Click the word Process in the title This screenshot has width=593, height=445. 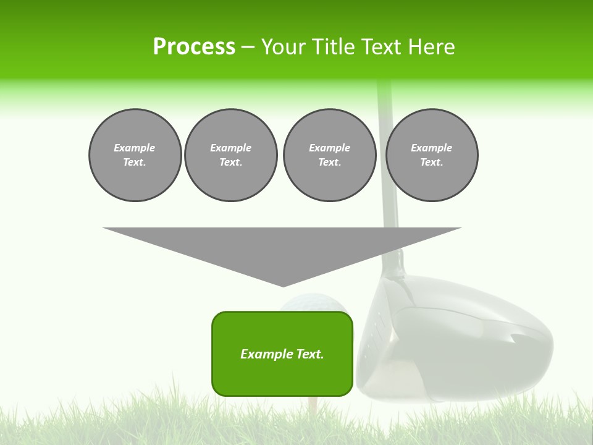click(194, 47)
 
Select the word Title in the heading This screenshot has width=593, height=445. click(337, 47)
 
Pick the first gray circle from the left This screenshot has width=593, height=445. click(135, 155)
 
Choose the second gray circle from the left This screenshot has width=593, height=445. click(230, 155)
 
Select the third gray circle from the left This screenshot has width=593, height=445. click(329, 155)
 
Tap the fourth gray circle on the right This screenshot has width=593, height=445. click(431, 155)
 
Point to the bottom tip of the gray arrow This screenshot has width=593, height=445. click(283, 286)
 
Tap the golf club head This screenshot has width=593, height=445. click(457, 340)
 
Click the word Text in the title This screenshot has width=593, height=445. click(384, 47)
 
